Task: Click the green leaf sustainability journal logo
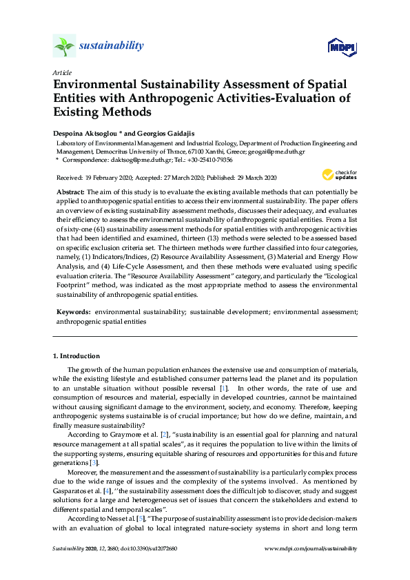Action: click(x=63, y=46)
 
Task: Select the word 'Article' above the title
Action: click(x=62, y=72)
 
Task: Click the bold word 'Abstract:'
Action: click(x=70, y=191)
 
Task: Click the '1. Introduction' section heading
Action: click(x=76, y=356)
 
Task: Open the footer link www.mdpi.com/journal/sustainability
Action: click(x=311, y=548)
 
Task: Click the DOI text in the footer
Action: click(x=151, y=548)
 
